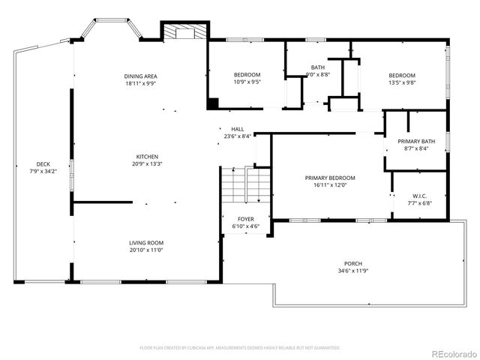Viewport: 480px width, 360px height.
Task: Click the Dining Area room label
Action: coord(140,76)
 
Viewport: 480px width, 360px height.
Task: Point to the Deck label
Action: coord(43,164)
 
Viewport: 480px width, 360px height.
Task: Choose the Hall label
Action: coord(237,129)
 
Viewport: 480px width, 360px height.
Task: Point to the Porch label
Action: coord(353,263)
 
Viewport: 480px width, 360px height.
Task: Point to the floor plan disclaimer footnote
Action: coord(240,348)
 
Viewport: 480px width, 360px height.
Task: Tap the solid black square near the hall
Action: coord(213,103)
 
